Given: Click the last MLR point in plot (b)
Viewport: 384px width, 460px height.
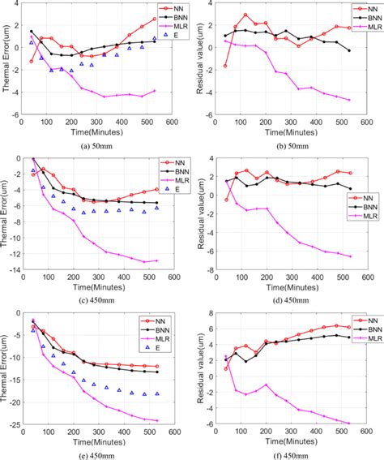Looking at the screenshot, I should (x=349, y=100).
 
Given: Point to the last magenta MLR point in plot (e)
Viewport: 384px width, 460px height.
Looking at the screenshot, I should (x=156, y=420).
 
